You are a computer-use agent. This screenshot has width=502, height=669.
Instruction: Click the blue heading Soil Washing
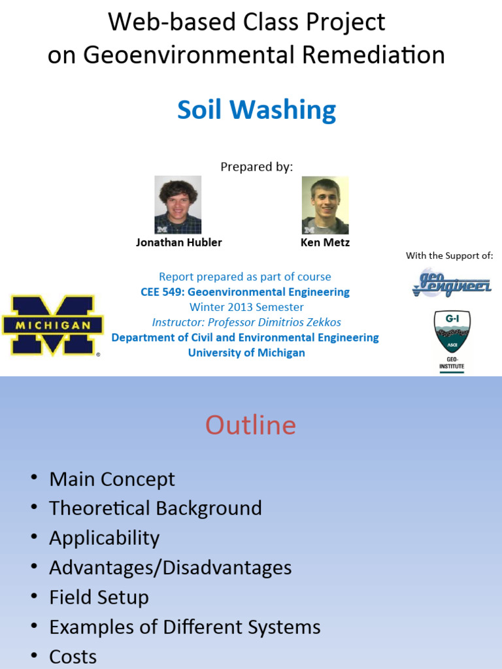pos(256,110)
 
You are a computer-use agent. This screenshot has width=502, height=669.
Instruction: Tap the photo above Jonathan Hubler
pos(178,204)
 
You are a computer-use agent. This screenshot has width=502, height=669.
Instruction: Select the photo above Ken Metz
pos(325,204)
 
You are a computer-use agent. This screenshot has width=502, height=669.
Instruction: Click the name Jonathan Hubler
pos(178,242)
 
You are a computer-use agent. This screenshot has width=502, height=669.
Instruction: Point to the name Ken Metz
pos(325,242)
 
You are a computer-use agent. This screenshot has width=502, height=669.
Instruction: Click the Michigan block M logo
pos(52,325)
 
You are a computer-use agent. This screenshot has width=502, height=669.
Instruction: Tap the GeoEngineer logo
pos(452,282)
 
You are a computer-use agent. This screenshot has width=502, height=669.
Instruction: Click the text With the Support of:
pos(449,255)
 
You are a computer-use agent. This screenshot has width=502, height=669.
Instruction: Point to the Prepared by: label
pos(256,167)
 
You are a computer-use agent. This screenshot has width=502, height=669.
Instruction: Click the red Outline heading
pos(250,425)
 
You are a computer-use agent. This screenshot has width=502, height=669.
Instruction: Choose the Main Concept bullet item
pos(112,479)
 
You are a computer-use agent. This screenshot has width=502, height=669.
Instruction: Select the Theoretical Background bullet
pos(156,508)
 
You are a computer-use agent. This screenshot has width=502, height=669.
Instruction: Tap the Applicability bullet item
pos(105,538)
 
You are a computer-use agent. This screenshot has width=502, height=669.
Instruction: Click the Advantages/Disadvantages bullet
pos(171,567)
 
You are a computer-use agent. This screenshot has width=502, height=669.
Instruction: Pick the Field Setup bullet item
pos(99,597)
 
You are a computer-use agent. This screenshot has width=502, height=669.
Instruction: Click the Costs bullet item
pos(73,656)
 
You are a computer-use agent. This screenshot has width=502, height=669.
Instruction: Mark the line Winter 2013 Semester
pos(246,307)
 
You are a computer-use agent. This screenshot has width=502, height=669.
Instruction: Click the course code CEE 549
pos(161,292)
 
